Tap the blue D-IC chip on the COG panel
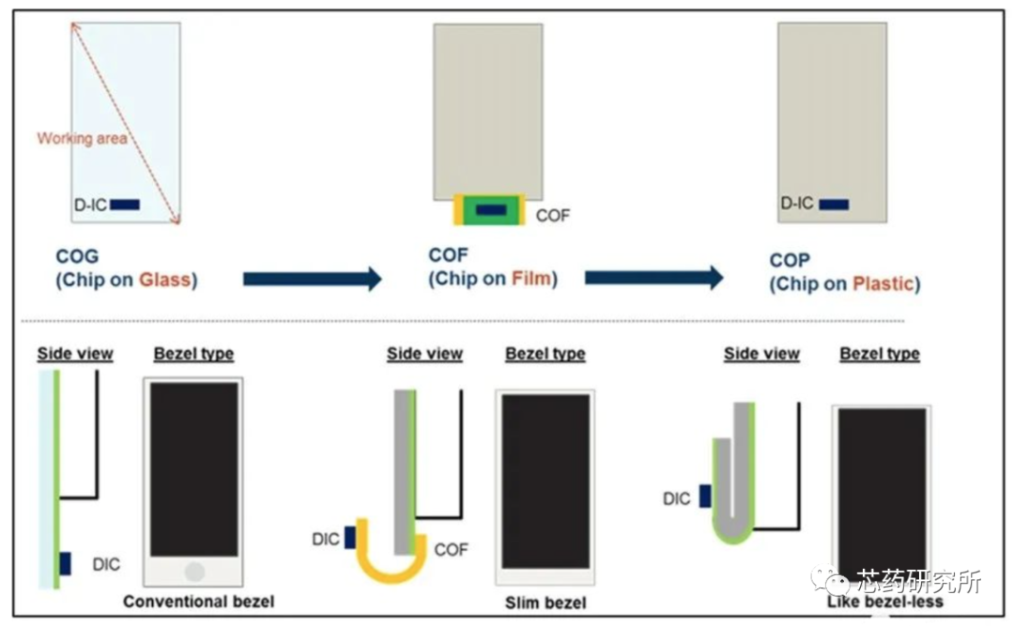click(x=125, y=204)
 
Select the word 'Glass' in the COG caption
click(x=165, y=279)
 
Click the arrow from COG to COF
click(x=312, y=279)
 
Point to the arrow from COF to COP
click(x=653, y=278)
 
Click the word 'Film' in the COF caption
click(x=530, y=278)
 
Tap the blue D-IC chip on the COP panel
click(x=834, y=204)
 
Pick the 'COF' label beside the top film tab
click(x=553, y=216)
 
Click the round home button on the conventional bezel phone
click(x=194, y=572)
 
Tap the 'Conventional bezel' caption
click(x=199, y=601)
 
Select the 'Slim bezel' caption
click(x=545, y=602)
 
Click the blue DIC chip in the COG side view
click(x=66, y=563)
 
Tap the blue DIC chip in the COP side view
click(x=705, y=496)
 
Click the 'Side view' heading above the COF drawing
click(x=424, y=354)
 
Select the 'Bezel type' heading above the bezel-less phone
click(x=880, y=354)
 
